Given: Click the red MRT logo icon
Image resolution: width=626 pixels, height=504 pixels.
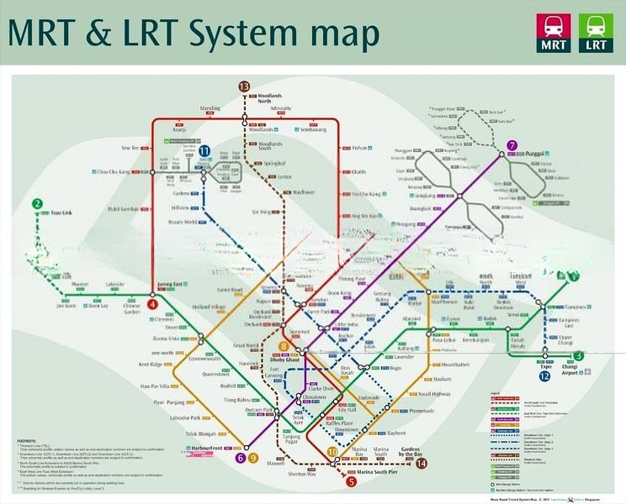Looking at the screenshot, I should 553,33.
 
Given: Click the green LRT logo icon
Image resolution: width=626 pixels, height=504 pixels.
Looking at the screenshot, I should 596,33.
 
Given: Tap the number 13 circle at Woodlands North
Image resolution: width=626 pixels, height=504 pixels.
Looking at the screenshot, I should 244,87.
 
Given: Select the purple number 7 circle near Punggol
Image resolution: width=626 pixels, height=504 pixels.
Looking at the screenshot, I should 512,145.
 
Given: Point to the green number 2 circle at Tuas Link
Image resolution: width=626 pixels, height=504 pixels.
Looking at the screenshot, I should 37,203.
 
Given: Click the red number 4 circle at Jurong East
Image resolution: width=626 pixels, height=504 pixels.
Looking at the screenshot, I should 152,305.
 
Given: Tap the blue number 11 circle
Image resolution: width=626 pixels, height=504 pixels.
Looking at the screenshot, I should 204,150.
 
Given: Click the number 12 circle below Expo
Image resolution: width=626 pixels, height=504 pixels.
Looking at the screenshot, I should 545,375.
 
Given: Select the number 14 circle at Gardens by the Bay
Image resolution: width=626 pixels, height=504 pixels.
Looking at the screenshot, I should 422,463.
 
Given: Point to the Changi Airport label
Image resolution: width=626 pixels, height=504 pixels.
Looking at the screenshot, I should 576,372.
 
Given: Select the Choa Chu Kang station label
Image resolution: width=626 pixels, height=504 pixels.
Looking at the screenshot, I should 116,172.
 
